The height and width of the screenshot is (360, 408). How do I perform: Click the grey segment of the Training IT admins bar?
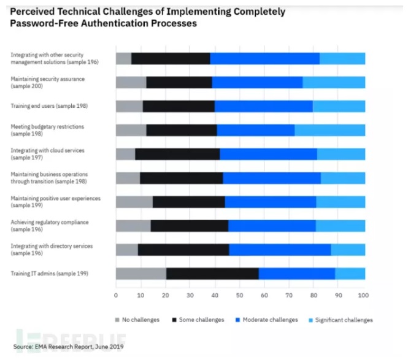140,274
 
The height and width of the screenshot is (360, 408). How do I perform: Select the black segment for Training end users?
179,106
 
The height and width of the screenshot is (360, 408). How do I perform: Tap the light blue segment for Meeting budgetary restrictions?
329,130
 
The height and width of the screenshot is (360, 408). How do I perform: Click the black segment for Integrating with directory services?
183,250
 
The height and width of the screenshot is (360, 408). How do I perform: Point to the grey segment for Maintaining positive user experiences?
134,202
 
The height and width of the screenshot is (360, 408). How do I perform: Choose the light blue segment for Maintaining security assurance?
334,82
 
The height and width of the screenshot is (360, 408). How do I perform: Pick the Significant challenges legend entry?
342,320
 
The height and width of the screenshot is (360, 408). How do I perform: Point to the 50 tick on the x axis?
240,295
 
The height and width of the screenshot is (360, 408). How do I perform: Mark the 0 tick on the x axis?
116,295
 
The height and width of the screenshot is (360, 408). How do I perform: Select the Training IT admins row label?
50,273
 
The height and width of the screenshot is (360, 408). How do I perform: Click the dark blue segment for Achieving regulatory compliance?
272,226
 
